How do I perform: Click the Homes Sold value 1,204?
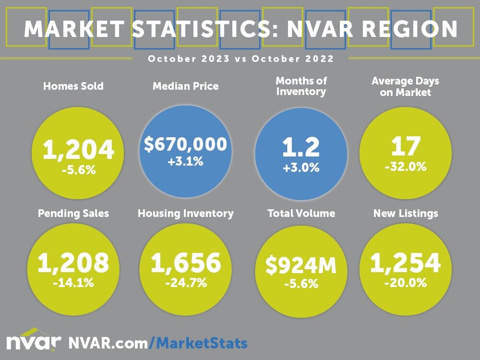click(78, 151)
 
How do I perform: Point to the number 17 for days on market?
click(405, 146)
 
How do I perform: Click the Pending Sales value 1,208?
click(73, 263)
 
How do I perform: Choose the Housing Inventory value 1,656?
click(186, 263)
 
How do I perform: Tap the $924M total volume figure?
click(301, 267)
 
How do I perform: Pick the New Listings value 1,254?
click(405, 263)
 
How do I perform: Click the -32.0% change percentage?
click(405, 168)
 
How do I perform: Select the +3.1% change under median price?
click(186, 162)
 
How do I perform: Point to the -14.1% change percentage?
click(73, 283)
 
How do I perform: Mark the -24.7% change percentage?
click(186, 283)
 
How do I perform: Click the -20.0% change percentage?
click(405, 283)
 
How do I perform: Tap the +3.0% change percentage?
click(300, 168)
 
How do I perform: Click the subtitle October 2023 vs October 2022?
click(240, 59)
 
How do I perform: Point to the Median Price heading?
click(185, 86)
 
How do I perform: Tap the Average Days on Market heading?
click(405, 87)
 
